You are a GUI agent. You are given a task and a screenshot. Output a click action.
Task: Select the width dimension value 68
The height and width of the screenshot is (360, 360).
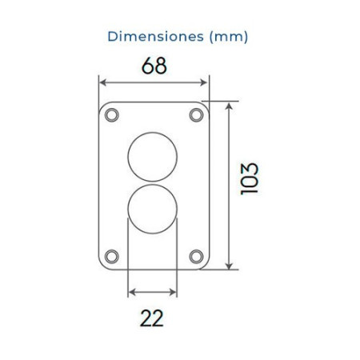point(154,66)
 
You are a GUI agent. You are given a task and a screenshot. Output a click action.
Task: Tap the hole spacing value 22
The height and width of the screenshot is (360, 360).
point(152,318)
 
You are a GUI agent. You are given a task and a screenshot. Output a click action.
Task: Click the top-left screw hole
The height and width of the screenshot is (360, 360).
point(110,114)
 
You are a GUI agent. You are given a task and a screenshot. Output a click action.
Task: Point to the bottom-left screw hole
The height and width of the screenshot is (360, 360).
point(110,256)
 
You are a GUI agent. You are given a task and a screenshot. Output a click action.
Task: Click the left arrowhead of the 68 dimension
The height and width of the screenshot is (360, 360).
point(102,82)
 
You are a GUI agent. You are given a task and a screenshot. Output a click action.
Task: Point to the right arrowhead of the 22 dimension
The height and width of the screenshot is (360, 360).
point(174,292)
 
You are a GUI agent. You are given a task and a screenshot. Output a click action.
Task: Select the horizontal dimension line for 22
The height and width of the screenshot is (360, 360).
point(153,292)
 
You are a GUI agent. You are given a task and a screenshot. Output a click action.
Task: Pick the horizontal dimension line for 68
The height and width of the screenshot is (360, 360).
point(153,82)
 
